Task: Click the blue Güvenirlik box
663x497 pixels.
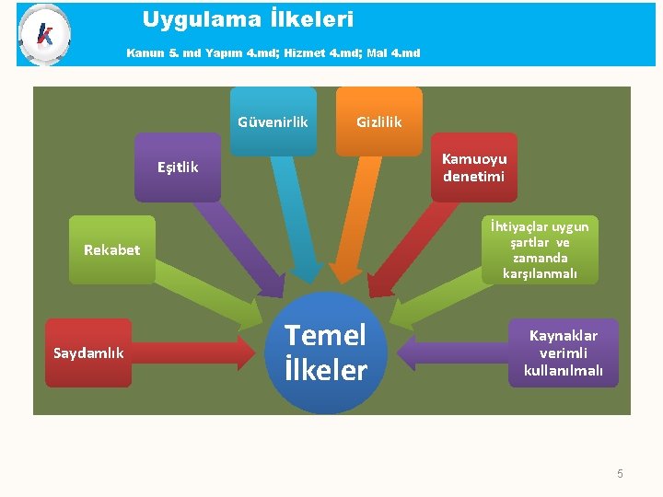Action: tap(273, 121)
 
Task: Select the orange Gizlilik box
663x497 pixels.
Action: tap(379, 121)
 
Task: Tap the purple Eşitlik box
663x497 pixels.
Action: tap(178, 168)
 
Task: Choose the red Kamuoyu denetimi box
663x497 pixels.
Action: tap(473, 168)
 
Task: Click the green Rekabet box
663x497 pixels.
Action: tap(112, 249)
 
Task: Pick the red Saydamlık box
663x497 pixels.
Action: tap(88, 353)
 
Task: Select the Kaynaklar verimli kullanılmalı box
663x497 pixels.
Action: tap(563, 353)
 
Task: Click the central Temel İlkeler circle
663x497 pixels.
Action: tap(325, 353)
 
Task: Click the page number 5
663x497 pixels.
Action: tap(620, 474)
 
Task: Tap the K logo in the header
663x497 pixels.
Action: tap(43, 34)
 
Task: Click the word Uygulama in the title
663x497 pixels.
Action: tap(188, 19)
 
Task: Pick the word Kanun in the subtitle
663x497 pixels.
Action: tap(145, 52)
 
